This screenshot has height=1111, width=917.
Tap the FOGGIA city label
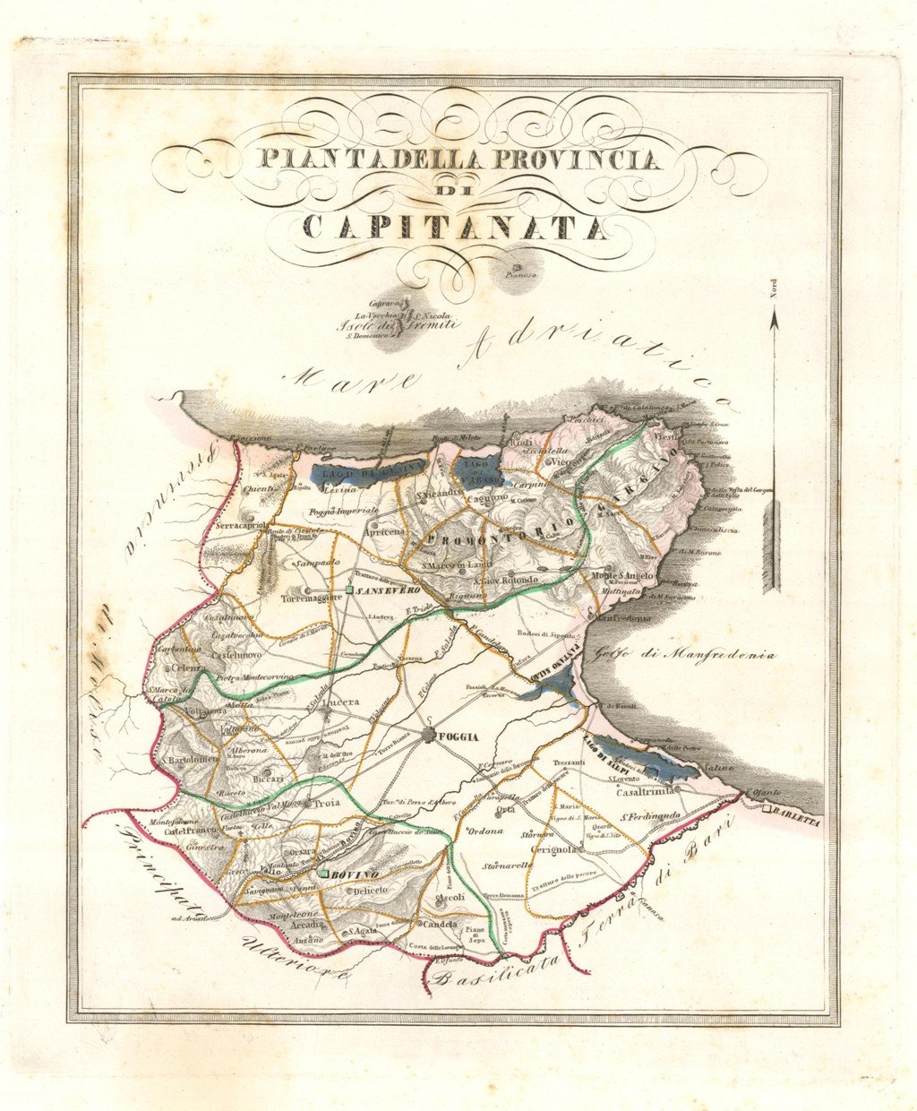coord(459,738)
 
